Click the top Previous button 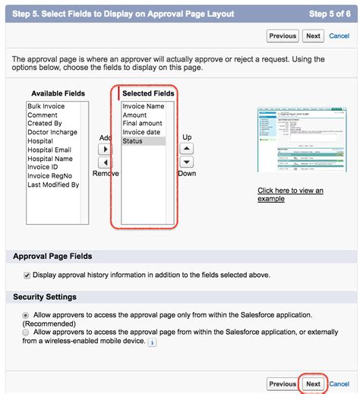coord(283,36)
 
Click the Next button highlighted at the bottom coord(313,384)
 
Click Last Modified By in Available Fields coord(53,184)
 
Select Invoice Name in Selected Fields coord(144,107)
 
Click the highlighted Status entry coord(133,141)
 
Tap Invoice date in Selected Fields coord(142,133)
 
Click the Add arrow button coord(106,150)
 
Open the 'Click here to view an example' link coord(290,194)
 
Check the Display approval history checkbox coord(27,275)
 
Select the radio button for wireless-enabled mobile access coord(27,333)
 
